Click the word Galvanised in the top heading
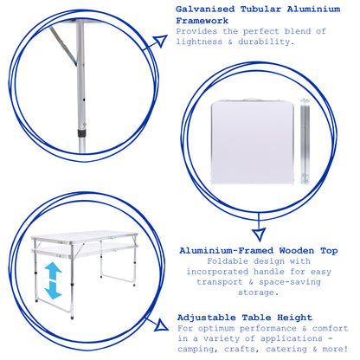click(x=205, y=10)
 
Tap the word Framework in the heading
click(x=202, y=21)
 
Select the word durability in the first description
click(x=264, y=42)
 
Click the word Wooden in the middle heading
click(x=297, y=251)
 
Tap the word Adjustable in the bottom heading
click(x=207, y=318)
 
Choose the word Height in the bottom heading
click(x=294, y=318)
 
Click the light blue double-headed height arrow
click(x=53, y=280)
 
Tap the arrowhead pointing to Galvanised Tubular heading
click(x=160, y=41)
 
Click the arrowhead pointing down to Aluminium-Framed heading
click(x=259, y=235)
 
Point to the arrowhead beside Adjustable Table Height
click(x=162, y=325)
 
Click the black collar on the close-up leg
click(x=82, y=133)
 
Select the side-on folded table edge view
click(x=305, y=141)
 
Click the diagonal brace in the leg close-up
click(x=63, y=46)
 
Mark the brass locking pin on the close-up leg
click(x=85, y=125)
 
